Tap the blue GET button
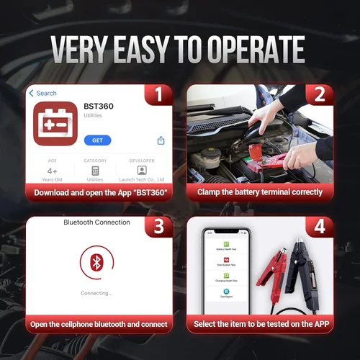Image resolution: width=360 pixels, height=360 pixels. click(97, 140)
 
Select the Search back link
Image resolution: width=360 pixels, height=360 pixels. click(42, 93)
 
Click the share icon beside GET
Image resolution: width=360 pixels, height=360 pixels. click(161, 140)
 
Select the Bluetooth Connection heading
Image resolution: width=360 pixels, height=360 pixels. click(96, 222)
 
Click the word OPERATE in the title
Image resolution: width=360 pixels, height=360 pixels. click(245, 49)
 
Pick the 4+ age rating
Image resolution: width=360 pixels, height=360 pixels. click(51, 171)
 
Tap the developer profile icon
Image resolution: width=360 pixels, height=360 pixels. click(142, 171)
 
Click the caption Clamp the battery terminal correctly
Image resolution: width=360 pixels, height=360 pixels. click(259, 192)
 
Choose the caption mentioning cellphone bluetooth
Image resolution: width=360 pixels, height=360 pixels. click(99, 325)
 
